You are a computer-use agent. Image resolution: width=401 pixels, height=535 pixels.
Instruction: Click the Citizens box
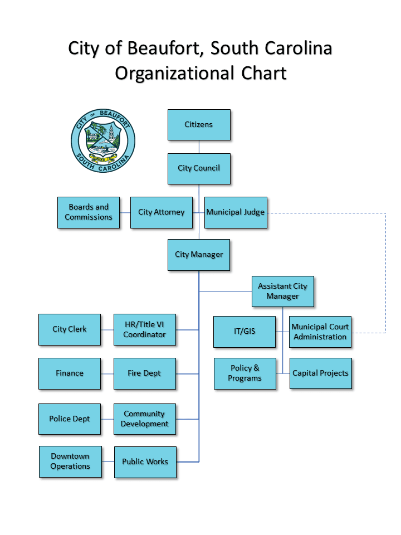[x=199, y=125]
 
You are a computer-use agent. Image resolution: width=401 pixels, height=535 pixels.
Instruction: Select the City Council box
[x=199, y=168]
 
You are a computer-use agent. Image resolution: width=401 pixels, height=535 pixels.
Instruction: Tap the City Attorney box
[x=162, y=212]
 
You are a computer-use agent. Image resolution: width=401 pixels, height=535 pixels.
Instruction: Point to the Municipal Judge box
[x=236, y=212]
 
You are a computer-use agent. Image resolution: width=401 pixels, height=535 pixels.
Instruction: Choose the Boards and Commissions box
[x=89, y=212]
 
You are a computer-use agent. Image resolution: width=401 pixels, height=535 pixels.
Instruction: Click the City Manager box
[x=199, y=255]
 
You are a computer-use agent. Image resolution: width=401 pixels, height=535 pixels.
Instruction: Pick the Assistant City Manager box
[x=282, y=291]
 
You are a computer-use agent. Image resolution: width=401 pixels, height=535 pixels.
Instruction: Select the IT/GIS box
[x=244, y=332]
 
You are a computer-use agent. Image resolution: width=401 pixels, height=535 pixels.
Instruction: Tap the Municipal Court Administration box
[x=320, y=332]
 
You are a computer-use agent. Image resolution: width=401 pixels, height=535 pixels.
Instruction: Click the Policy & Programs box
[x=244, y=373]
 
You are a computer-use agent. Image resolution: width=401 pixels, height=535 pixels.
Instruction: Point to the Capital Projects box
[x=320, y=373]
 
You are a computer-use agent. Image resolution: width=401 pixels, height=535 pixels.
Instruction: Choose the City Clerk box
[x=70, y=329]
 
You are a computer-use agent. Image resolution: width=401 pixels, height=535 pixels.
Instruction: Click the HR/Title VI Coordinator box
[x=145, y=329]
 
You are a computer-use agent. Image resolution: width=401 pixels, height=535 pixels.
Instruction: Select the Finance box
[x=70, y=373]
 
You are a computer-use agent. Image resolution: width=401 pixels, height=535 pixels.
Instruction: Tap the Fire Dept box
[x=145, y=373]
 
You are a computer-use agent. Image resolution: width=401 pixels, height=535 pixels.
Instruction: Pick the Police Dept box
[x=70, y=419]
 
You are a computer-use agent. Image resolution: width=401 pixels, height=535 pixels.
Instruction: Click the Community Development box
[x=145, y=419]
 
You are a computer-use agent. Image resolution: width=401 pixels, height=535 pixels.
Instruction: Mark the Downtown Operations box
[x=70, y=461]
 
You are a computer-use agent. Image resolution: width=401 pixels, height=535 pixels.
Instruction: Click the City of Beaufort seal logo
[x=103, y=140]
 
